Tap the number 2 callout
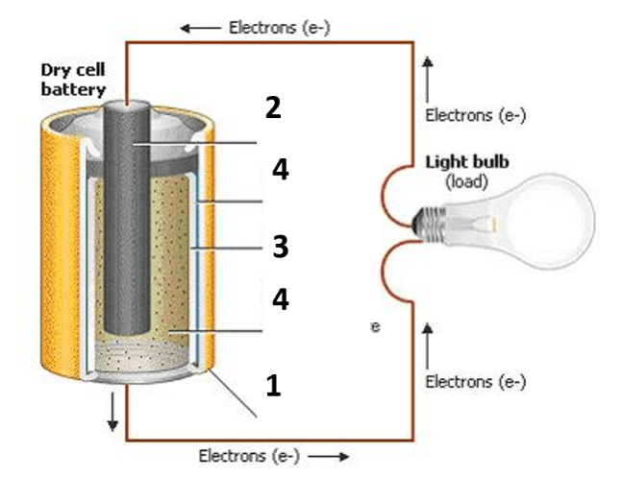tap(274, 107)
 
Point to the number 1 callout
tap(273, 386)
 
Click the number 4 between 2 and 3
tap(280, 170)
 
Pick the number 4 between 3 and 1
tap(280, 299)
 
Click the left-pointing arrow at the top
tap(201, 28)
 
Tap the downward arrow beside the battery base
tap(113, 412)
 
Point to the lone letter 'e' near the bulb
tap(376, 327)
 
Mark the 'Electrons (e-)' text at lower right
tap(475, 382)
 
